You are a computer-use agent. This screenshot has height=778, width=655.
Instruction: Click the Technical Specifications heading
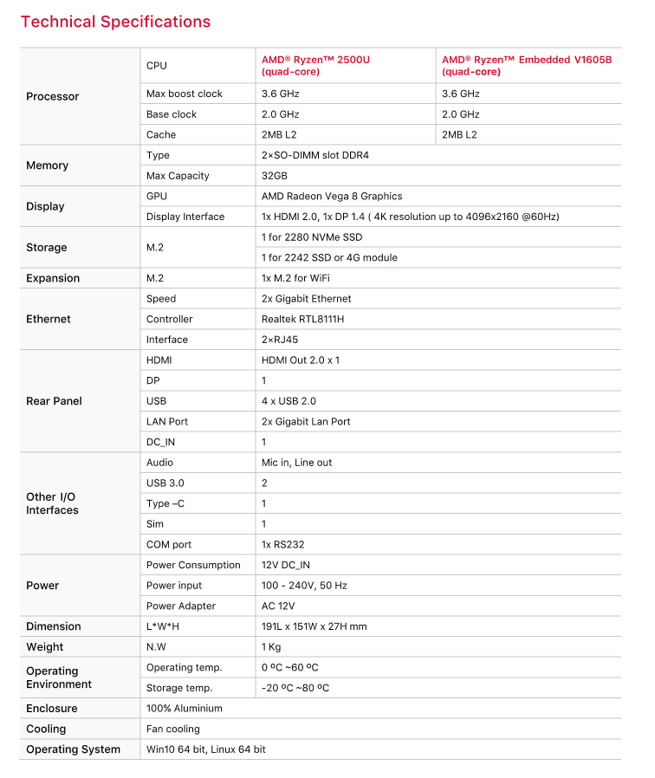(115, 22)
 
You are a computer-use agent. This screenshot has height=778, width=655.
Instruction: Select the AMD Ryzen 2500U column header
(315, 65)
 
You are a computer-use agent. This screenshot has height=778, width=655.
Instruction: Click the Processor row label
(53, 96)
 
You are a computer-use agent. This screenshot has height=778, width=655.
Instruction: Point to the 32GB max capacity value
(276, 176)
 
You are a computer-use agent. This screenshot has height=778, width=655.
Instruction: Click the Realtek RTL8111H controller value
(303, 320)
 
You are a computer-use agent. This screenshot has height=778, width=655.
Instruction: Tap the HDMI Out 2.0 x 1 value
(301, 360)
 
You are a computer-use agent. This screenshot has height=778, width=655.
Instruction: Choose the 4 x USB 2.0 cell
(289, 401)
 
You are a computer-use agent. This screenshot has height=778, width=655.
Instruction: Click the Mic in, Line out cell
(296, 463)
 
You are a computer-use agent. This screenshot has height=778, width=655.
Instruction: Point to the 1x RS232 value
(282, 545)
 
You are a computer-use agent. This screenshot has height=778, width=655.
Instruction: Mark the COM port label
(170, 545)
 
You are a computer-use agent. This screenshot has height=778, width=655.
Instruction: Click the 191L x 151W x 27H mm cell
(314, 626)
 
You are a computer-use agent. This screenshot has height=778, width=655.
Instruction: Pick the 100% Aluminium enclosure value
(185, 709)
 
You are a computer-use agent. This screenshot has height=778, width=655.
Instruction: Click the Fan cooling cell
(173, 729)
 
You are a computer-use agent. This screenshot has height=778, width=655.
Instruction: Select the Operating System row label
(74, 749)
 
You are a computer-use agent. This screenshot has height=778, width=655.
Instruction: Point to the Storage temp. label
(179, 688)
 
